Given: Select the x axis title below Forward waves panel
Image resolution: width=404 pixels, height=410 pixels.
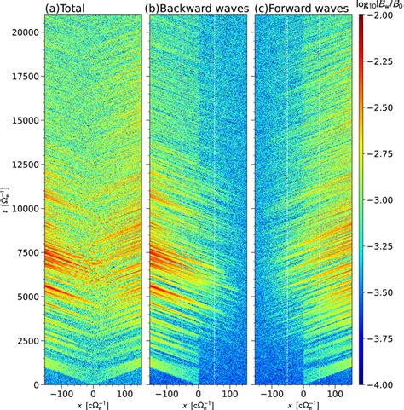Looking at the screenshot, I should click(303, 404).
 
